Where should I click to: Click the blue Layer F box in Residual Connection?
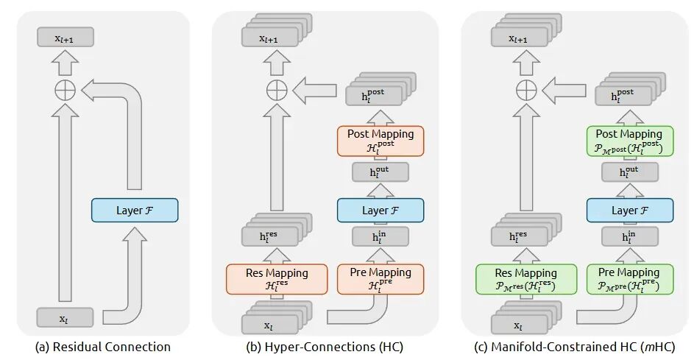(135, 211)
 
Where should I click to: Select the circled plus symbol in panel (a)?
(65, 91)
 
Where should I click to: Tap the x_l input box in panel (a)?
(65, 318)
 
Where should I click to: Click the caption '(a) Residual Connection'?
(103, 347)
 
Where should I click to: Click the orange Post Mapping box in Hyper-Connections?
(380, 140)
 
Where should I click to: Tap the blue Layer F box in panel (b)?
(380, 211)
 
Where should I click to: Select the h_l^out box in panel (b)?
(380, 173)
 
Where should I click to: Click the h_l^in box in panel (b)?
(380, 237)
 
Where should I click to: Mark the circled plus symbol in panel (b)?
(276, 91)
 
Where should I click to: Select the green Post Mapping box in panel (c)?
(629, 140)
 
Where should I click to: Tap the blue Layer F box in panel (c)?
(629, 211)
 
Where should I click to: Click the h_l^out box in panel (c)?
(629, 173)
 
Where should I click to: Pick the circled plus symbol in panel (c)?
(525, 91)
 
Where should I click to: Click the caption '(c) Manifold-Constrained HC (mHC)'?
(576, 347)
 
